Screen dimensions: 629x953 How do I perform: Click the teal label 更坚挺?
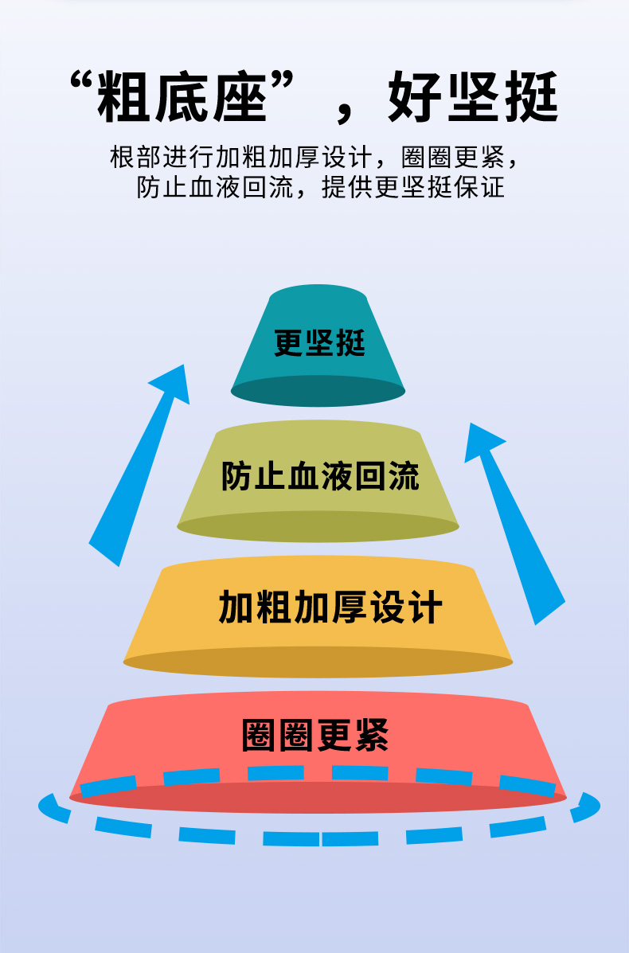pos(319,342)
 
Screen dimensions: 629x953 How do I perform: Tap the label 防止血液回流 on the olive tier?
pos(319,475)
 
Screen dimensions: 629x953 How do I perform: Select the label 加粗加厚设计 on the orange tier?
pos(330,607)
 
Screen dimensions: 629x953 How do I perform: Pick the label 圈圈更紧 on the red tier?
pos(314,735)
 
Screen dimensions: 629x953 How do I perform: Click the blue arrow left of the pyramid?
pos(139,466)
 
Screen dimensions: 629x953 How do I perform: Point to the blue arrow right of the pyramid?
pos(515,523)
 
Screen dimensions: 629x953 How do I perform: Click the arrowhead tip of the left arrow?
pos(184,365)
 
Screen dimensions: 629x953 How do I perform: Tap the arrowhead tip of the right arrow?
pos(471,423)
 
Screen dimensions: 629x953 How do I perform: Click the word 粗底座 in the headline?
pos(182,97)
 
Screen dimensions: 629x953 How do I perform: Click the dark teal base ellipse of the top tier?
pos(318,391)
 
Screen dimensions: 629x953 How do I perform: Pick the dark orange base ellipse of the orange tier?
pos(318,662)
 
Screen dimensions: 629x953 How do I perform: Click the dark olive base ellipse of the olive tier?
pos(318,526)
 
